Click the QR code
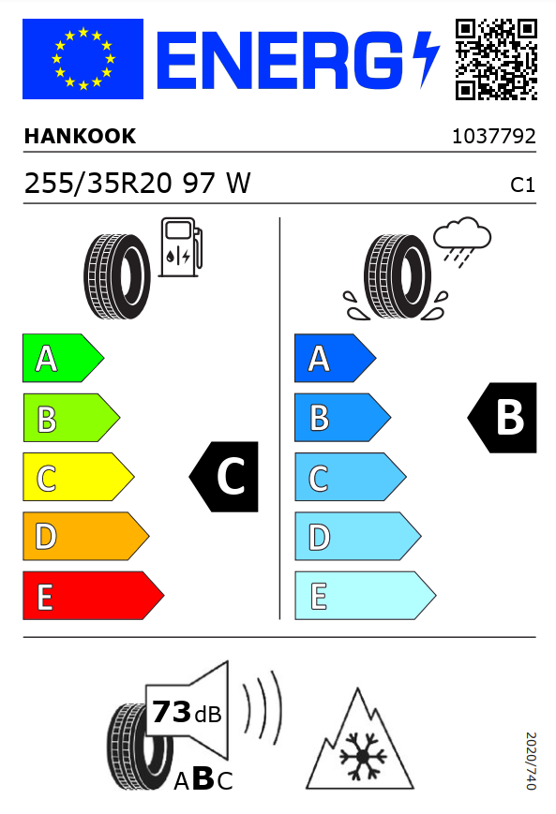pyautogui.click(x=496, y=59)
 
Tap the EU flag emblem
pyautogui.click(x=83, y=59)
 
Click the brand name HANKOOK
pyautogui.click(x=80, y=136)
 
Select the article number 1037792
pyautogui.click(x=493, y=137)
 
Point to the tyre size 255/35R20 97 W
pyautogui.click(x=138, y=184)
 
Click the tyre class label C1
pyautogui.click(x=523, y=185)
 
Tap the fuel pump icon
pyautogui.click(x=180, y=247)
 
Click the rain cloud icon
pyautogui.click(x=462, y=242)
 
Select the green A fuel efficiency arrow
pyautogui.click(x=63, y=358)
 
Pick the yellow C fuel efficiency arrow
pyautogui.click(x=79, y=477)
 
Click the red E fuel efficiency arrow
pyautogui.click(x=93, y=596)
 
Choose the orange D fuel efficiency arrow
pyautogui.click(x=85, y=536)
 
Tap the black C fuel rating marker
pyautogui.click(x=224, y=477)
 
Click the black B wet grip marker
pyautogui.click(x=503, y=418)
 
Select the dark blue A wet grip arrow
pyautogui.click(x=335, y=358)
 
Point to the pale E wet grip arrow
pyautogui.click(x=366, y=596)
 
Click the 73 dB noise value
pyautogui.click(x=187, y=712)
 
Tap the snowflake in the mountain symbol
pyautogui.click(x=363, y=756)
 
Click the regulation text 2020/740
pyautogui.click(x=531, y=761)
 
